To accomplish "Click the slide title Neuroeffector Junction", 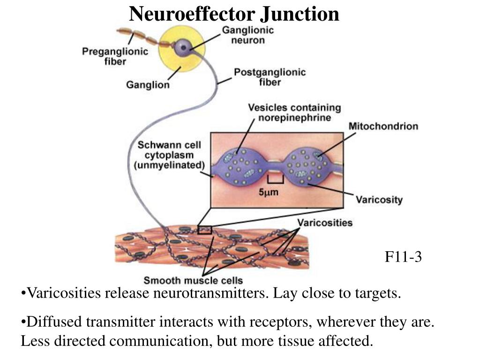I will click(x=234, y=14).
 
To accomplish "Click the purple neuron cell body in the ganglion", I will click(x=183, y=46).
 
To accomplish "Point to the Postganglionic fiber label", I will click(x=270, y=77).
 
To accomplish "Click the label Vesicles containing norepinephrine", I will click(x=294, y=112).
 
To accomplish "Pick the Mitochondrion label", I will click(x=383, y=126).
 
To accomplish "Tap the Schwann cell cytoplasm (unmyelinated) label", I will click(x=171, y=155).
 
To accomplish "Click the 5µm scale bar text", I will click(x=269, y=192).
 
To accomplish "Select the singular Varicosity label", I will click(x=379, y=200).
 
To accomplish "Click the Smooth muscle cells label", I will click(x=193, y=281).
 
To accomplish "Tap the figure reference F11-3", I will click(x=403, y=257).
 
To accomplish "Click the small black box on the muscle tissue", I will click(x=204, y=230).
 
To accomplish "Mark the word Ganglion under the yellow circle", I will click(x=148, y=85).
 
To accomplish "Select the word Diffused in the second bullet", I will click(x=48, y=322).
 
